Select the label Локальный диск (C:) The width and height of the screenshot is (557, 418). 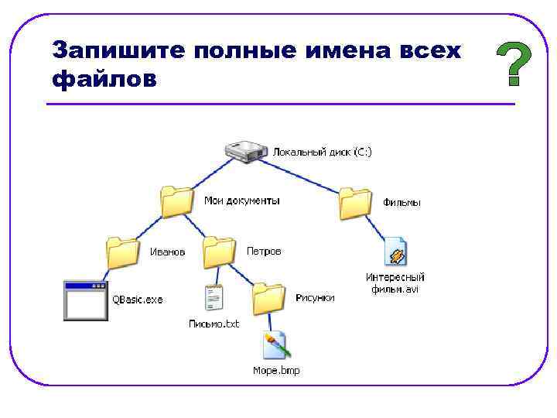[322, 152]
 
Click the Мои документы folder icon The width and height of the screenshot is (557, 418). [177, 202]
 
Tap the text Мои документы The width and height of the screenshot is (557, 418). [242, 200]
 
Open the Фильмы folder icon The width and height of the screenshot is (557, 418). [357, 203]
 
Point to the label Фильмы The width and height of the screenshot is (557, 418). [402, 203]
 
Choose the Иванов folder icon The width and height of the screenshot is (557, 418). [123, 252]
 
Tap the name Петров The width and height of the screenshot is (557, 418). [264, 252]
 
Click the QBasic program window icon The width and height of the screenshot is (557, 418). [85, 300]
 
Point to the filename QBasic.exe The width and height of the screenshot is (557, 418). [138, 300]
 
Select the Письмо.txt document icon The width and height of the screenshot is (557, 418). [214, 300]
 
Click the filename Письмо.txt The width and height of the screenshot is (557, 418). [214, 324]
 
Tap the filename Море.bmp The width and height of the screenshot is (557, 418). [276, 370]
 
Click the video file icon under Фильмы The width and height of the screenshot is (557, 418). [396, 252]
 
